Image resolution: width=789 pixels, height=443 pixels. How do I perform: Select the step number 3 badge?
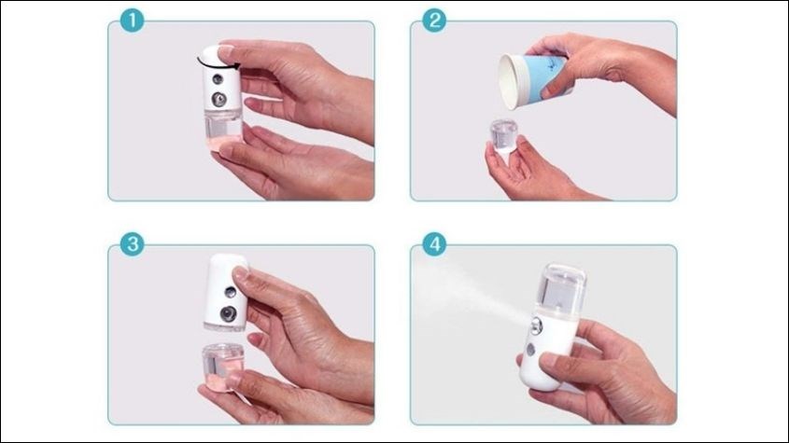tap(134, 245)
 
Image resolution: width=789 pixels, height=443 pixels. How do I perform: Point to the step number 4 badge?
tap(433, 244)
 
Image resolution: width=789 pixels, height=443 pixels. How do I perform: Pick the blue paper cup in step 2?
tap(538, 75)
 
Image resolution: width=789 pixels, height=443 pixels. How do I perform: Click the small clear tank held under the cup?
tap(502, 141)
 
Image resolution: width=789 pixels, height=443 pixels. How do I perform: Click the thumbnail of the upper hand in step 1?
tap(225, 49)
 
